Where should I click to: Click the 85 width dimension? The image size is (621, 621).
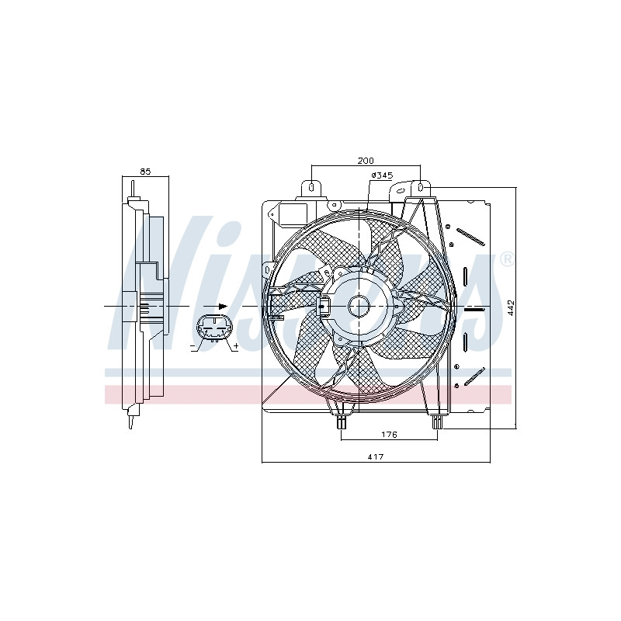tap(145, 172)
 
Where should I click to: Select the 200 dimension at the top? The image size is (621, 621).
tap(366, 161)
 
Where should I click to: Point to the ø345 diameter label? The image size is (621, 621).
tap(382, 175)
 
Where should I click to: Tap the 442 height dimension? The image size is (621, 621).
tap(511, 307)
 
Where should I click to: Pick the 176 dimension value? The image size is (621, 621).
tap(389, 435)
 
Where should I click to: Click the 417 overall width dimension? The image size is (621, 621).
tap(376, 456)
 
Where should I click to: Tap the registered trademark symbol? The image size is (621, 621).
tap(508, 259)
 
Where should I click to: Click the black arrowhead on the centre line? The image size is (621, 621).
tap(223, 306)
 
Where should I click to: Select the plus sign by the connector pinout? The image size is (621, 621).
tap(237, 345)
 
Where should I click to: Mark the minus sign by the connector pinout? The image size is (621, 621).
tap(193, 347)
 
